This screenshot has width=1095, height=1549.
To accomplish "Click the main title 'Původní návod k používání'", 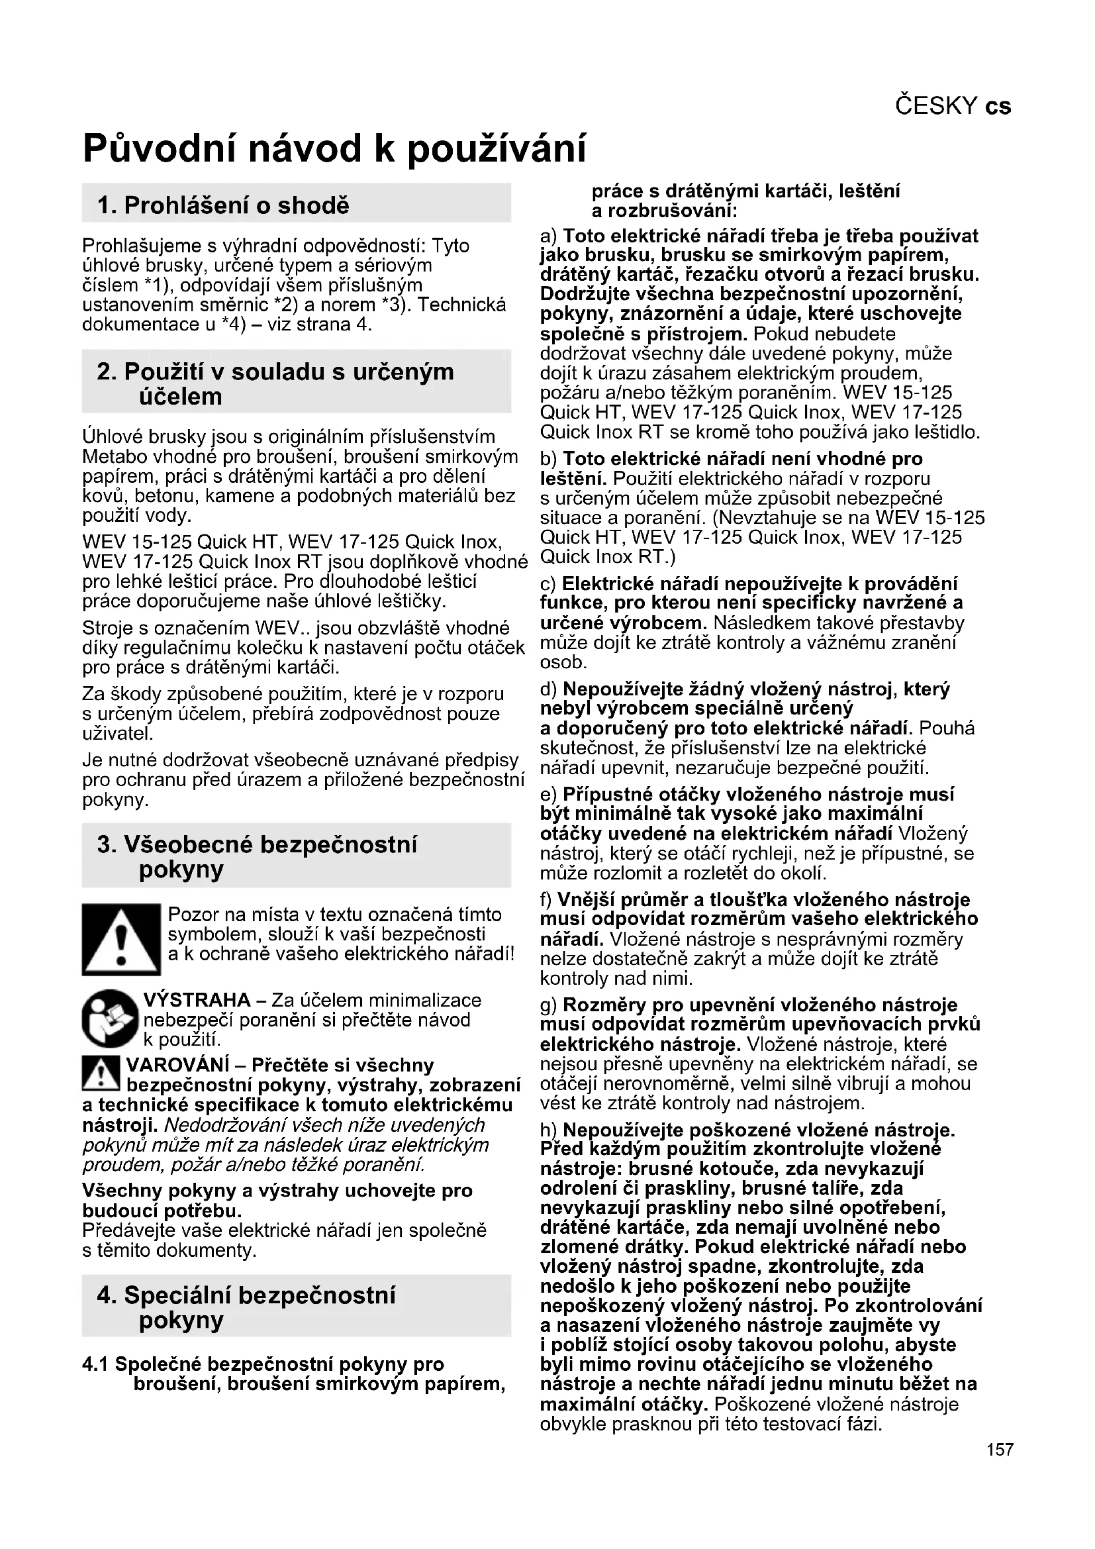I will tap(334, 148).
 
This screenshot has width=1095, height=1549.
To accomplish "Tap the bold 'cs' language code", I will tap(998, 106).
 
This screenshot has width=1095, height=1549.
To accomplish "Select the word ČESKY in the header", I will tap(936, 106).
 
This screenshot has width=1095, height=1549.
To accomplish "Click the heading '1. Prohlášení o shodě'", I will tap(223, 205).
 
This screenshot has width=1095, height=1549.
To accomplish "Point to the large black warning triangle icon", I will tap(121, 939).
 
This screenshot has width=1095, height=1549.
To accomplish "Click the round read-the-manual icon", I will tap(111, 1019).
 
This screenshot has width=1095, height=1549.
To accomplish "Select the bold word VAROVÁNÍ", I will tap(178, 1066).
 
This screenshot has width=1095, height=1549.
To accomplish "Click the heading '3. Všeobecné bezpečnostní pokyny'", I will tap(257, 856).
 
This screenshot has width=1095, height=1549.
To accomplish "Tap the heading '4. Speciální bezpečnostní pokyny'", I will tap(246, 1307).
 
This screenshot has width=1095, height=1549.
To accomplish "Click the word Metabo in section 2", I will tap(111, 457).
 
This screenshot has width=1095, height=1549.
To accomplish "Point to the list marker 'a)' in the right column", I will tap(549, 236).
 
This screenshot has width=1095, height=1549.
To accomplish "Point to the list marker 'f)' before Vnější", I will tap(547, 899).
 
